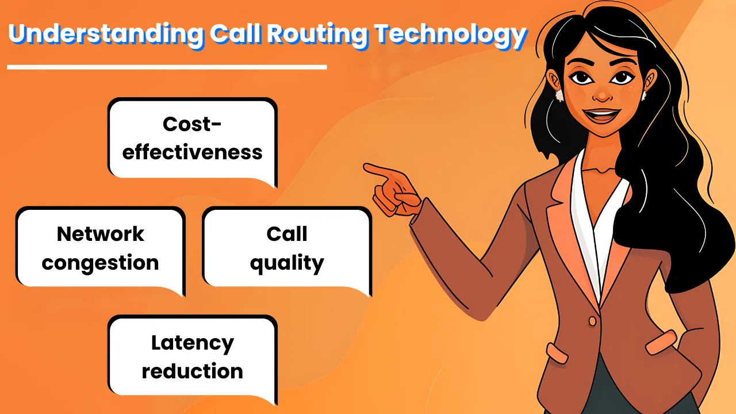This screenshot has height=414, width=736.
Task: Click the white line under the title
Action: pos(167,67)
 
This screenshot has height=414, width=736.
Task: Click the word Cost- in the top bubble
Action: pos(192,124)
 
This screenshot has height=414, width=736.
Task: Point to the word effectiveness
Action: pos(192,152)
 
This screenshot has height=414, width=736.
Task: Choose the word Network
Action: pos(100,234)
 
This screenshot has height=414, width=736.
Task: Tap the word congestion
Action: pos(100,263)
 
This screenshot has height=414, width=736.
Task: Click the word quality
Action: pos(287,263)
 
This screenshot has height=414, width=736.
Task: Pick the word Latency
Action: pos(193,344)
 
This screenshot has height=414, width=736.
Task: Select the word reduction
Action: pos(193,371)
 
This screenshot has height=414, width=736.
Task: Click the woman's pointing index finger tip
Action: pos(365,167)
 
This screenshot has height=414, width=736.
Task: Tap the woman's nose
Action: pos(602,93)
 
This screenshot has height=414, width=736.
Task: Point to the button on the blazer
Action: pos(592,321)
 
